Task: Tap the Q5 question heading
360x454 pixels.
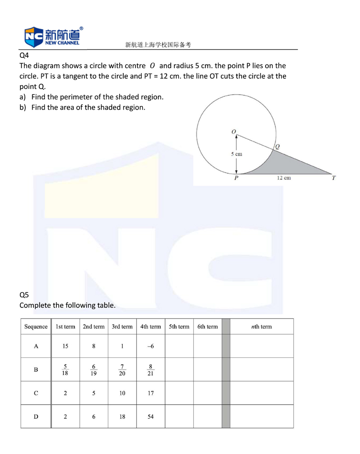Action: (x=24, y=295)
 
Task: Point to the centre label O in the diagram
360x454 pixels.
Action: (x=234, y=131)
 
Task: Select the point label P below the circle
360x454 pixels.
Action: (x=236, y=178)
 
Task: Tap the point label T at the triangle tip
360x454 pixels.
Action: (x=334, y=178)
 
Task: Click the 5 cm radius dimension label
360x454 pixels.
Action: (x=236, y=154)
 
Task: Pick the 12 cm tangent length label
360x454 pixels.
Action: (x=284, y=178)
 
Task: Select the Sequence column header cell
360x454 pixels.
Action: (x=36, y=326)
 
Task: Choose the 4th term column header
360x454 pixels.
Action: (x=150, y=326)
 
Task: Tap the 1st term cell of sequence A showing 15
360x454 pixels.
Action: (x=65, y=346)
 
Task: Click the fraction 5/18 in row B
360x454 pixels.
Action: (x=65, y=370)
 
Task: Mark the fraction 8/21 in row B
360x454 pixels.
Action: (x=151, y=370)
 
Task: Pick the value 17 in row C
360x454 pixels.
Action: (x=151, y=393)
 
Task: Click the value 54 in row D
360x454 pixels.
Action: (x=151, y=417)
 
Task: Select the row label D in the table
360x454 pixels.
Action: (x=36, y=417)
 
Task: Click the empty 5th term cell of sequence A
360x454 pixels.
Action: (x=179, y=346)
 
